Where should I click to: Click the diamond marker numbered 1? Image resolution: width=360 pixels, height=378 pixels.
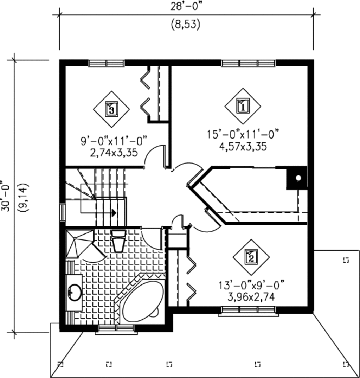click(243, 106)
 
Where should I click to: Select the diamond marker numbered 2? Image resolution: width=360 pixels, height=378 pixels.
click(251, 257)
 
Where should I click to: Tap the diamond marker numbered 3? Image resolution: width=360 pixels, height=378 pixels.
click(111, 109)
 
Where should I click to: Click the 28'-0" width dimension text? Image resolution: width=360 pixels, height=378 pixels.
click(186, 7)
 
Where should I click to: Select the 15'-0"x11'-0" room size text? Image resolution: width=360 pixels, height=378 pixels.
click(243, 134)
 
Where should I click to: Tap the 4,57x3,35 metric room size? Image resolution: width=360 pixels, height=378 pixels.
click(243, 147)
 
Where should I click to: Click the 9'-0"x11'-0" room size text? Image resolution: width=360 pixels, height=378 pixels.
click(114, 141)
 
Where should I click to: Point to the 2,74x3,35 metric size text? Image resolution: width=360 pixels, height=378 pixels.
click(114, 153)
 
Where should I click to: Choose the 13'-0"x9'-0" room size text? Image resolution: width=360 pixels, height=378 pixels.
click(251, 285)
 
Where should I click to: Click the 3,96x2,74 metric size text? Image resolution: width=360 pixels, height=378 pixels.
click(251, 297)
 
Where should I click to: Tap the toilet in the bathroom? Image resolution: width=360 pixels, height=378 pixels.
click(118, 241)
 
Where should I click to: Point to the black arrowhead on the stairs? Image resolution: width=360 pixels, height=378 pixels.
click(114, 213)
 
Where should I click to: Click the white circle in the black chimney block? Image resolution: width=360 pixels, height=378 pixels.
click(298, 178)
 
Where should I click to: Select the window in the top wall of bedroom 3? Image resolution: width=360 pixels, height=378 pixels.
click(106, 63)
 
